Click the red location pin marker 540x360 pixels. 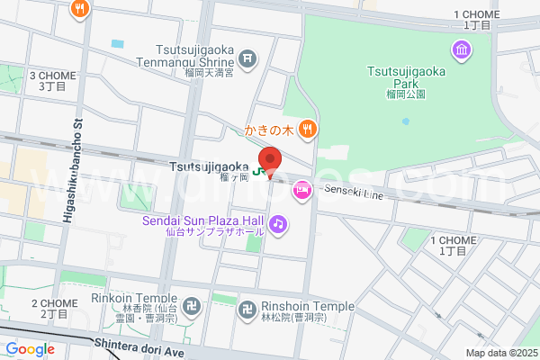270,158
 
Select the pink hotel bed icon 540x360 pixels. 301,190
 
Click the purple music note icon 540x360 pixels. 279,222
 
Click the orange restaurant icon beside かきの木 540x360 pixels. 308,130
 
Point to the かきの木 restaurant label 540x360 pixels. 269,130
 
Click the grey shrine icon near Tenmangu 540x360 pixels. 249,61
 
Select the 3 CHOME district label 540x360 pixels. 51,80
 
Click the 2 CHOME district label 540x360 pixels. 53,309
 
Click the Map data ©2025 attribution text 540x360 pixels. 499,353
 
